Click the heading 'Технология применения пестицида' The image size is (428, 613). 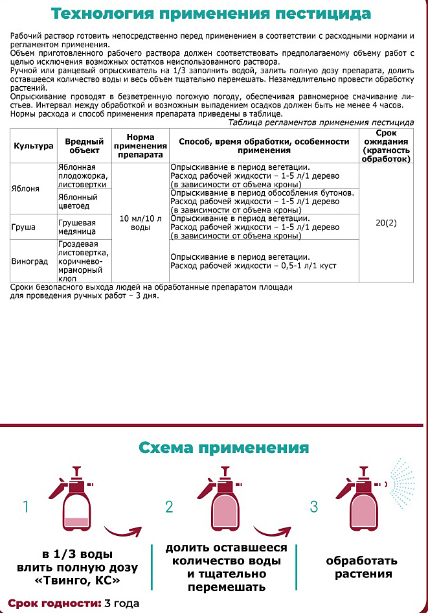coord(211,14)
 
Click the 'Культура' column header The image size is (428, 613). coord(33,146)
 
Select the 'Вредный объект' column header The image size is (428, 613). coord(85,146)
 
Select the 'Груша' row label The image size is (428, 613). coord(23,228)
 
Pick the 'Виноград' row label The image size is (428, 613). coord(30,262)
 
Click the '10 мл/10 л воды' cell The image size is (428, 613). coord(140,223)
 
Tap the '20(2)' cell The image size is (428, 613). coord(387,223)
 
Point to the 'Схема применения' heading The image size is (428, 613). coord(224,448)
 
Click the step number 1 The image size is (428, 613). coord(27,507)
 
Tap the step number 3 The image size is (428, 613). coord(314,507)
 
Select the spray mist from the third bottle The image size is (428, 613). coord(407,483)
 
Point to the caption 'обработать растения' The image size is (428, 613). coord(361,567)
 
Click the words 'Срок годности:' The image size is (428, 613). coord(55,603)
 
